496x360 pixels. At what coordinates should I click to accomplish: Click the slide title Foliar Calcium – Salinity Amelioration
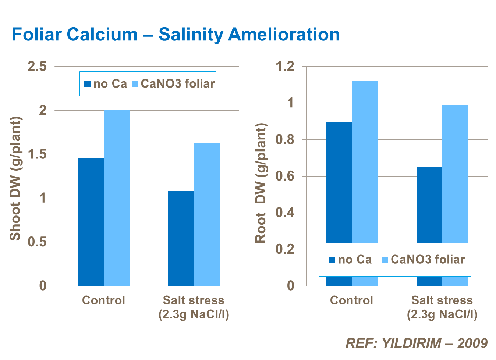pyautogui.click(x=176, y=35)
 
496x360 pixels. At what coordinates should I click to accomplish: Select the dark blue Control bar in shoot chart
pyautogui.click(x=91, y=221)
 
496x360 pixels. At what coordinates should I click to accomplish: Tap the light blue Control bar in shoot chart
pyautogui.click(x=117, y=198)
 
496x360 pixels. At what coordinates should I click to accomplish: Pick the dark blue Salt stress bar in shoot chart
pyautogui.click(x=181, y=238)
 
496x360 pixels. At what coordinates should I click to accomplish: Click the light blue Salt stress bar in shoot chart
pyautogui.click(x=207, y=214)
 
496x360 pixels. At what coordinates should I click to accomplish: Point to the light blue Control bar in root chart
pyautogui.click(x=365, y=162)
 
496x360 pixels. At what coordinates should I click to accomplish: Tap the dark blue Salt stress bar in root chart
pyautogui.click(x=429, y=204)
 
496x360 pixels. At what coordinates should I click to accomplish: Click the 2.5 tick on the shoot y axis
pyautogui.click(x=37, y=67)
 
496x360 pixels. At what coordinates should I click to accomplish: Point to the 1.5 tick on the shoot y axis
pyautogui.click(x=37, y=154)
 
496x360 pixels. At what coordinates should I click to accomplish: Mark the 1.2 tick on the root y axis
pyautogui.click(x=285, y=67)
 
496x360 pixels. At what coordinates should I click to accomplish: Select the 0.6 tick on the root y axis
pyautogui.click(x=285, y=176)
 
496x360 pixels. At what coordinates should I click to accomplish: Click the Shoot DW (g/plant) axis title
pyautogui.click(x=15, y=179)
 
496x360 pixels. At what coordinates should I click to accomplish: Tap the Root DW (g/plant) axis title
pyautogui.click(x=261, y=183)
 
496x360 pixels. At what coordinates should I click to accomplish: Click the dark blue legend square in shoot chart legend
pyautogui.click(x=87, y=84)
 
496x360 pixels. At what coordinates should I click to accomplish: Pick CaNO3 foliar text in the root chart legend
pyautogui.click(x=428, y=260)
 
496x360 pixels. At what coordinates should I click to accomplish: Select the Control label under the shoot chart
pyautogui.click(x=103, y=300)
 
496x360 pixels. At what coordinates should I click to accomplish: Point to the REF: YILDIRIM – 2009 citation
pyautogui.click(x=416, y=343)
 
